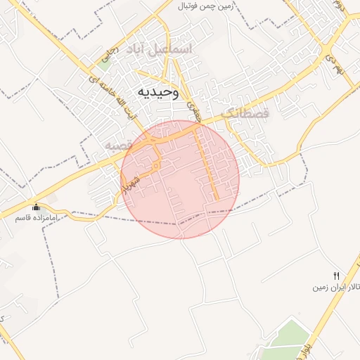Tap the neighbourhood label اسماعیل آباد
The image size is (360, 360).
[158, 50]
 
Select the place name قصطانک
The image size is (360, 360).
[245, 113]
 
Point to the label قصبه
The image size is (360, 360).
[120, 145]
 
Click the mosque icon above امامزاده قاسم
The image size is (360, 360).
[37, 207]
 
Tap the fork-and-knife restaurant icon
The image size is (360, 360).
[337, 276]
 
